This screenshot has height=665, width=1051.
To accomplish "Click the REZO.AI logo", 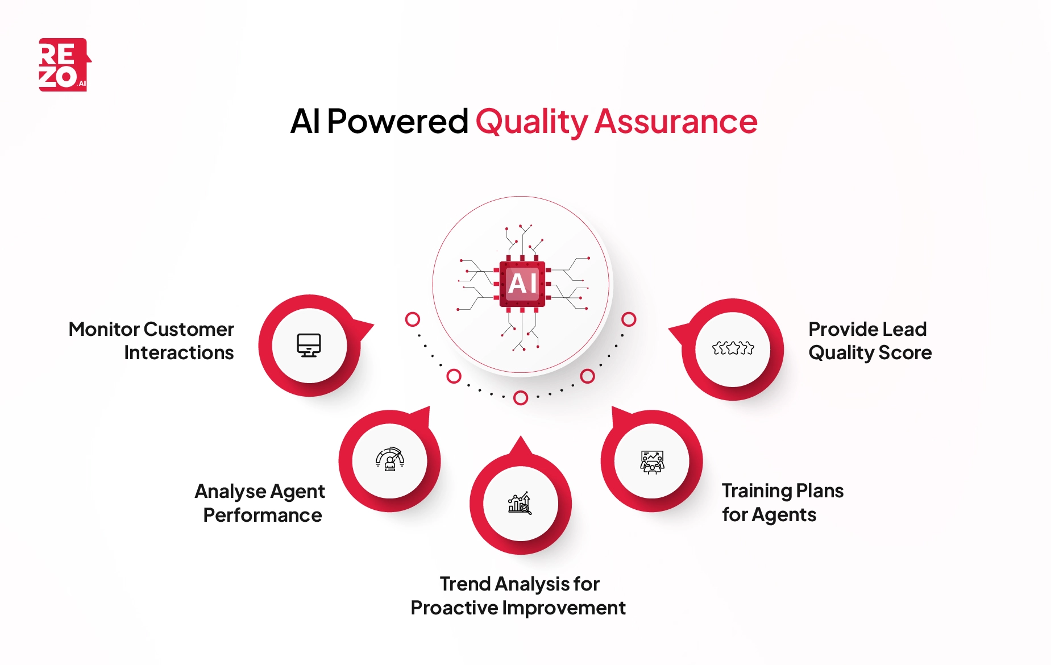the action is (64, 65).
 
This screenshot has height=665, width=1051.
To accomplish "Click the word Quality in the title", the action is (531, 122).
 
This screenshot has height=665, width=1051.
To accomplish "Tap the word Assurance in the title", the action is (676, 122).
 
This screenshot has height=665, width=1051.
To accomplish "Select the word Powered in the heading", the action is (397, 122).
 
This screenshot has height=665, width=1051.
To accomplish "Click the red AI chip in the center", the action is (522, 284).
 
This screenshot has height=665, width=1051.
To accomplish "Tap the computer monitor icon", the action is (309, 345).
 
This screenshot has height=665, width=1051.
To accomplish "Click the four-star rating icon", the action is (733, 348).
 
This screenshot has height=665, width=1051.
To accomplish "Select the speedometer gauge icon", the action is (390, 459).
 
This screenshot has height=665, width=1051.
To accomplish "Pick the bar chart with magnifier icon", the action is (520, 503).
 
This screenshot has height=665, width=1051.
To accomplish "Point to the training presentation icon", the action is (652, 462).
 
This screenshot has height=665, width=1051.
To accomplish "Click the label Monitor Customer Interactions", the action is (151, 341).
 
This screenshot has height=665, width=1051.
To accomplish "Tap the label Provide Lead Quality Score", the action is (870, 341).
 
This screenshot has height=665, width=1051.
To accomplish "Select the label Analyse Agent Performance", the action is (260, 503).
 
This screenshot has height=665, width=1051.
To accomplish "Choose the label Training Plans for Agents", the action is (782, 502).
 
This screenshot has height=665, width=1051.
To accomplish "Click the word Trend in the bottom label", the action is (464, 584).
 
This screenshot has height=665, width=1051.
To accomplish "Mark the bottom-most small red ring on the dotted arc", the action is (520, 398).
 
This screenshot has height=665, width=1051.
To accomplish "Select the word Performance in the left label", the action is (263, 516).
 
